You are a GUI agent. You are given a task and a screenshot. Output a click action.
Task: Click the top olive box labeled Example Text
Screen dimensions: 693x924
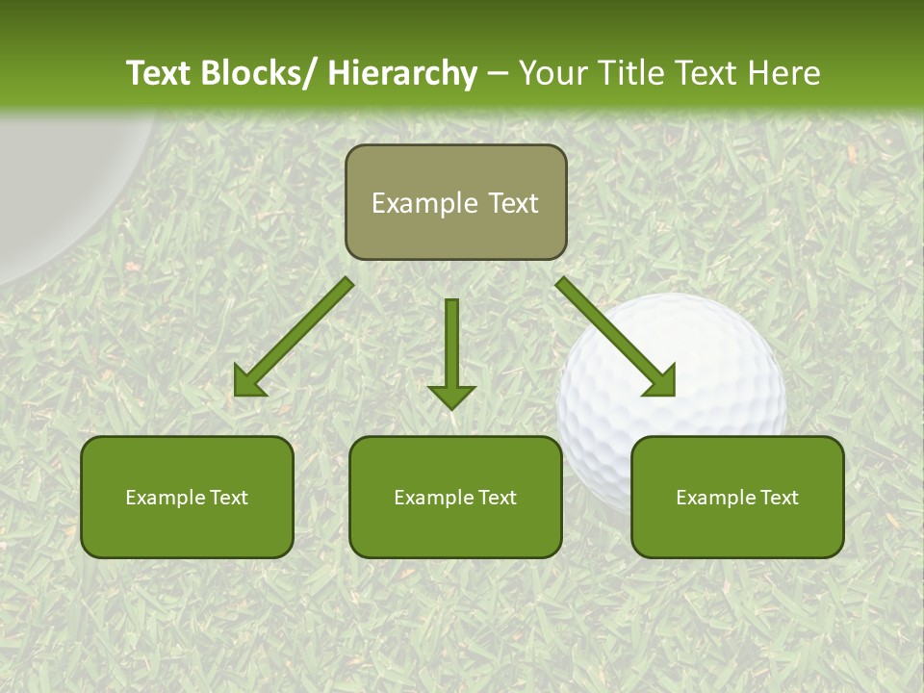455,202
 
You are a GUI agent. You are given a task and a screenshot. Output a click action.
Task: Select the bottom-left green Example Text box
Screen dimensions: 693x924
187,497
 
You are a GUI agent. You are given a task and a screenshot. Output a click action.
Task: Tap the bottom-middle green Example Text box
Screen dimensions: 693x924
455,497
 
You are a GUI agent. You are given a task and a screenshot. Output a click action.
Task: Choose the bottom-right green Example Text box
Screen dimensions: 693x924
737,497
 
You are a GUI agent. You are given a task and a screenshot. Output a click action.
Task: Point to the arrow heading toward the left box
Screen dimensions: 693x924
294,337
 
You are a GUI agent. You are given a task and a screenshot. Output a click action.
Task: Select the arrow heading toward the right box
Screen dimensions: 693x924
616,337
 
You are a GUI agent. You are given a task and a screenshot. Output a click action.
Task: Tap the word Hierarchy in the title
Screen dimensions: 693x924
402,73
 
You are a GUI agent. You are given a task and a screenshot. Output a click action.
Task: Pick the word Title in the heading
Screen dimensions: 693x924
633,73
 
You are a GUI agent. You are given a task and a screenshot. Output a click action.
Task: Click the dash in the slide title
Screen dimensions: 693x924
498,73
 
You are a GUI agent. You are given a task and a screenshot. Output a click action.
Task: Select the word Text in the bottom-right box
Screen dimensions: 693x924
778,497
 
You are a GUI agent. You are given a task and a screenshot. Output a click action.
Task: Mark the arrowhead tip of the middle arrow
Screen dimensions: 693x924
451,408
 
